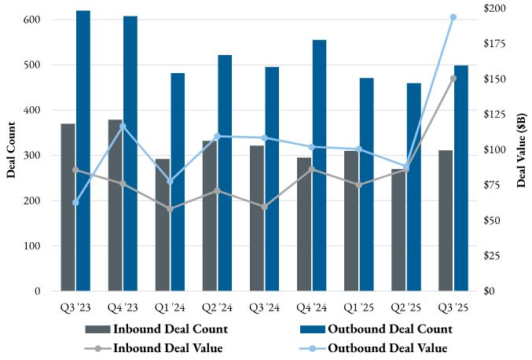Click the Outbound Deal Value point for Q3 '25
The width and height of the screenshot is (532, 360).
click(x=453, y=17)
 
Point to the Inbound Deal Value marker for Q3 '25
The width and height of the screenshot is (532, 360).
click(x=453, y=79)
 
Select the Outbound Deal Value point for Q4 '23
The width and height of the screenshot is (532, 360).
click(x=123, y=126)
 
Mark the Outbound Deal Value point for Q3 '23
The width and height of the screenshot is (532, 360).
click(x=75, y=203)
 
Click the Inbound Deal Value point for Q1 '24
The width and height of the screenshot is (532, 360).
click(x=171, y=209)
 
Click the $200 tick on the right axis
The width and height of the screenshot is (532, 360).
click(x=494, y=9)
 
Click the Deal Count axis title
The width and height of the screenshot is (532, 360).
click(x=11, y=149)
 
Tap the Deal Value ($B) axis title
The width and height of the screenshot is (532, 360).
click(x=521, y=149)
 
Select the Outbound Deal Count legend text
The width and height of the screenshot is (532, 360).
click(x=390, y=329)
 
